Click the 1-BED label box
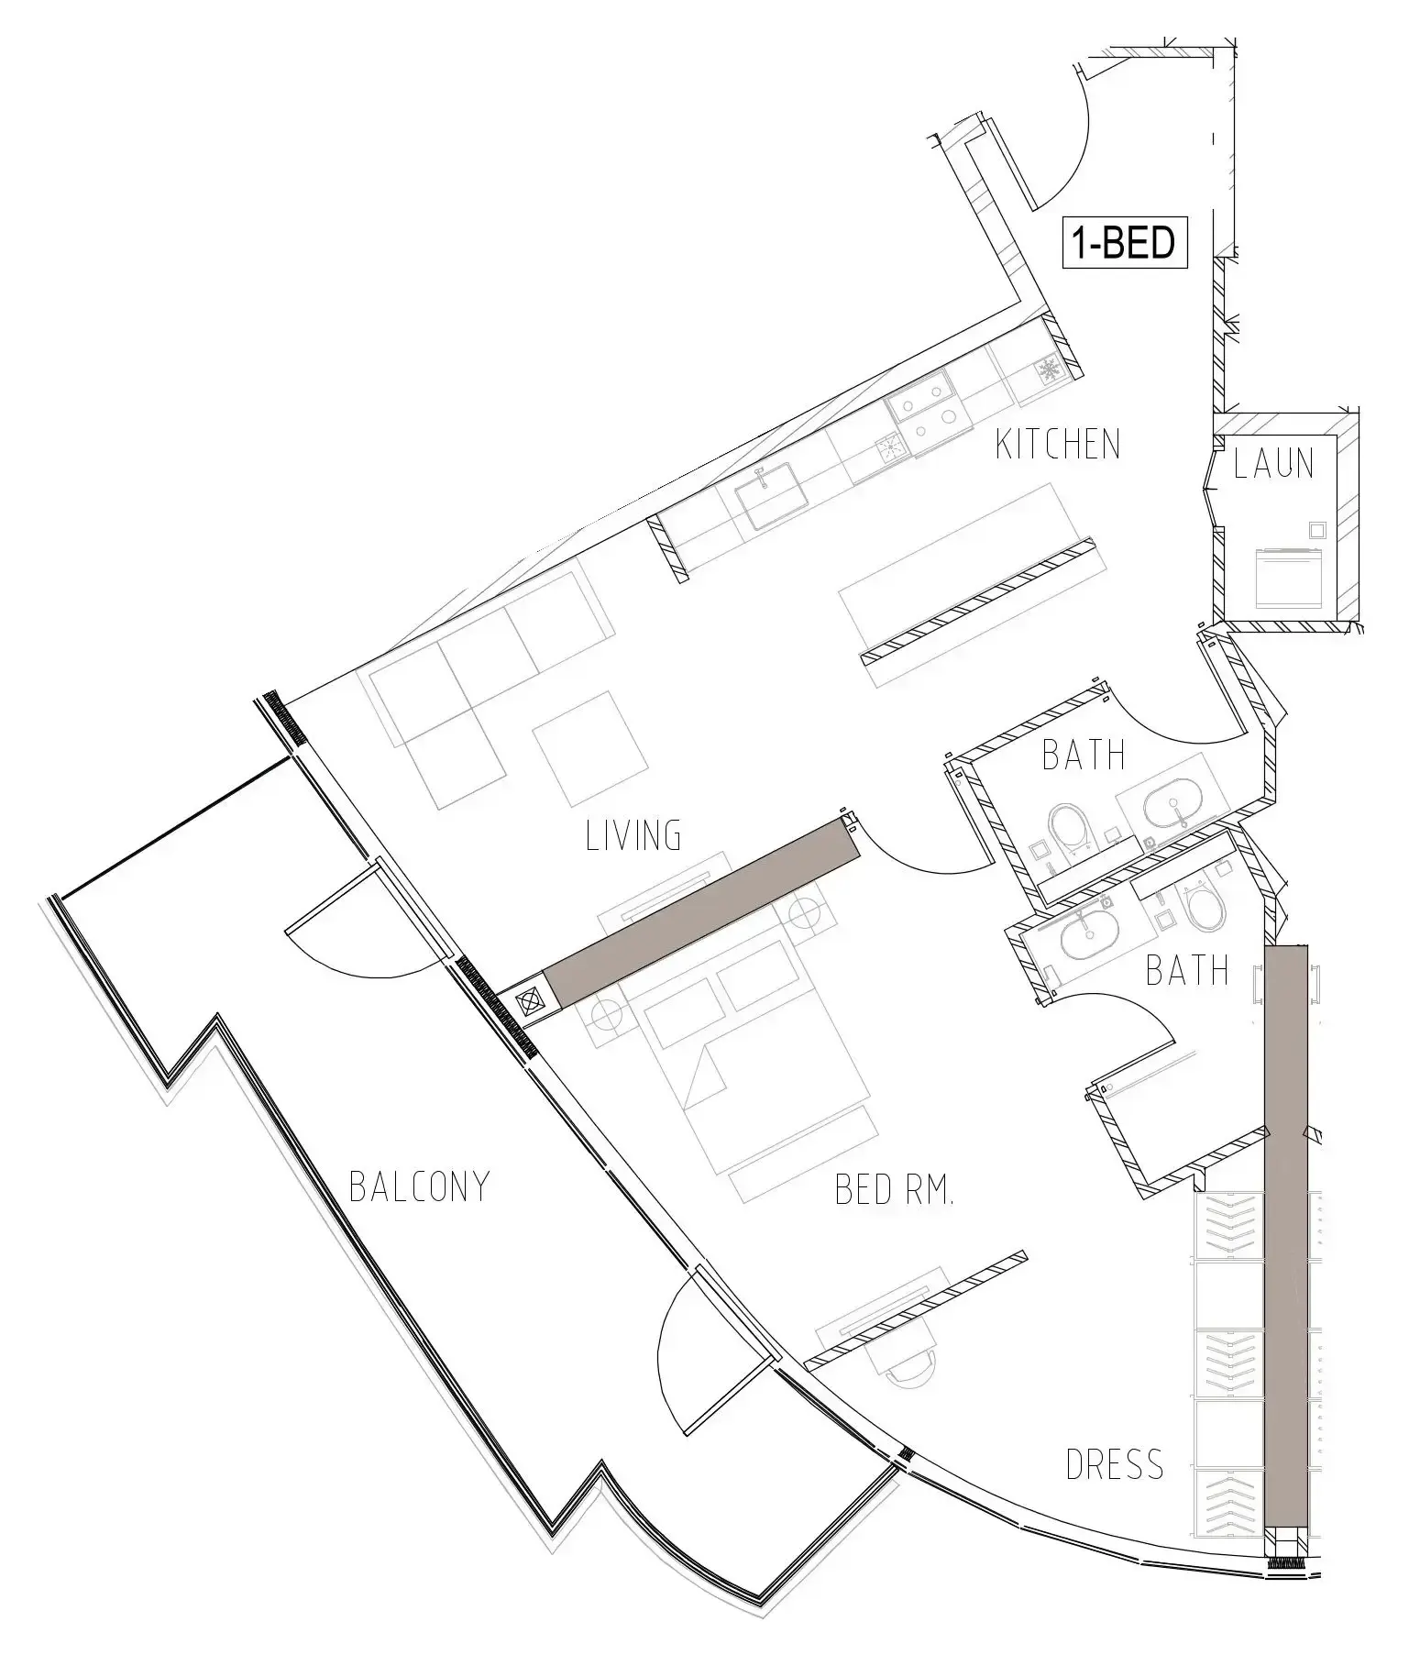[x=1125, y=243]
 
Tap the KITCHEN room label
[x=1058, y=445]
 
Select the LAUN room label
[x=1273, y=464]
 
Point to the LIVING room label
[x=633, y=835]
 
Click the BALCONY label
[x=420, y=1186]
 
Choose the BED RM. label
[x=895, y=1190]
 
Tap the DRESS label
[x=1115, y=1464]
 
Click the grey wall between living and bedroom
[x=703, y=911]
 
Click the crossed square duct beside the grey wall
[x=531, y=1002]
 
